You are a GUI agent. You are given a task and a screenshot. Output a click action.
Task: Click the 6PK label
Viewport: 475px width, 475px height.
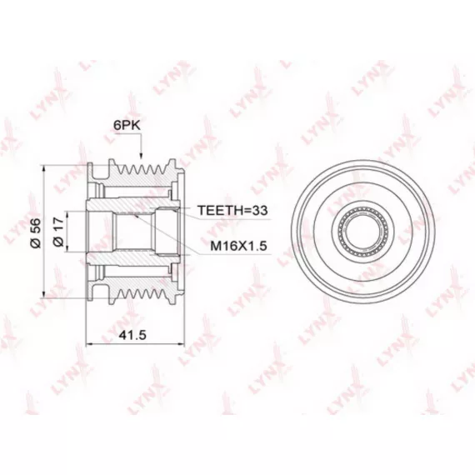click(127, 125)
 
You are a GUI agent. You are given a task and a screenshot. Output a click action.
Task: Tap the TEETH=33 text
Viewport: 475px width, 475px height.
click(232, 210)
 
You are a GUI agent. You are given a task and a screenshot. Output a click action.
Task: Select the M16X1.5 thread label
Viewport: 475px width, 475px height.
click(238, 246)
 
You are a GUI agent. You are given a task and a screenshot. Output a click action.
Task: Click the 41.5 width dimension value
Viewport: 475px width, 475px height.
click(132, 335)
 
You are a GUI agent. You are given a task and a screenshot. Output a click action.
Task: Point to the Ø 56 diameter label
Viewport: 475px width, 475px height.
click(36, 233)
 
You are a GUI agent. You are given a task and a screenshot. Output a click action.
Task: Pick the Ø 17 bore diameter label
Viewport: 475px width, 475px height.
click(58, 232)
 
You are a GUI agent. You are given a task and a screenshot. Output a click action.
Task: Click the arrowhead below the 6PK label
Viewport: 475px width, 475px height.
click(141, 156)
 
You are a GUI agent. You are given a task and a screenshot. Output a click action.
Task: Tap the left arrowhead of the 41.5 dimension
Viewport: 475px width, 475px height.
click(90, 344)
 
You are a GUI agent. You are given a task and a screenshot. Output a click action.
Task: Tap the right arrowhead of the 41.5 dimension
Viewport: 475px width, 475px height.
click(181, 344)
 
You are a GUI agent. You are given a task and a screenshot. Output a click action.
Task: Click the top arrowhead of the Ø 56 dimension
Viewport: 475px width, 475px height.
click(44, 168)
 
